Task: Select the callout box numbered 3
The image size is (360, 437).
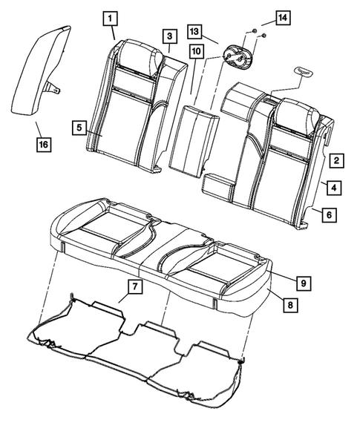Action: (169, 36)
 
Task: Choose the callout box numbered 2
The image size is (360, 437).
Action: (336, 160)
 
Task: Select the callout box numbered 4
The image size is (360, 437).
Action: (336, 188)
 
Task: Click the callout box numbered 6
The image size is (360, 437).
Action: (327, 214)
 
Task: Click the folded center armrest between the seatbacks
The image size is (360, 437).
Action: (192, 137)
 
